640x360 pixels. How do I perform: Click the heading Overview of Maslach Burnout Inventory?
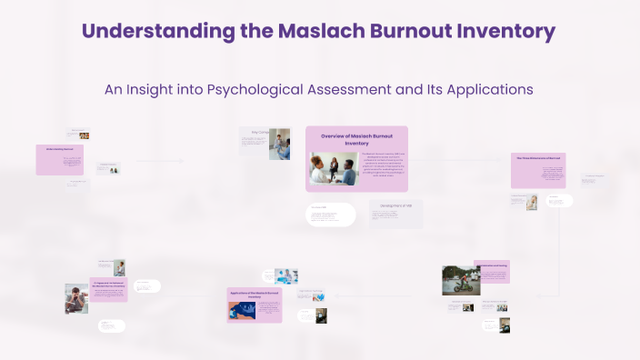coord(356,139)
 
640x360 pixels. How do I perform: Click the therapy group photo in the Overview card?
coord(335,169)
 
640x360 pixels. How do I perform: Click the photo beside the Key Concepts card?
coord(279,144)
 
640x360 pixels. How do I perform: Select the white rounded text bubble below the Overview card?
coord(330,215)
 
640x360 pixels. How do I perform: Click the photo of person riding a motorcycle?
coord(461,280)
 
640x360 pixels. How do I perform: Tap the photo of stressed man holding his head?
coord(76,298)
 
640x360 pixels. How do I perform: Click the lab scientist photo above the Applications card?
coord(286,275)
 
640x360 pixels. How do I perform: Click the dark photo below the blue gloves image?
coord(320,315)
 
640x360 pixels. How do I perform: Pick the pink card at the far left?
coord(60,159)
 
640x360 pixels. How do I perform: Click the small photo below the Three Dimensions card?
coord(530,201)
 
